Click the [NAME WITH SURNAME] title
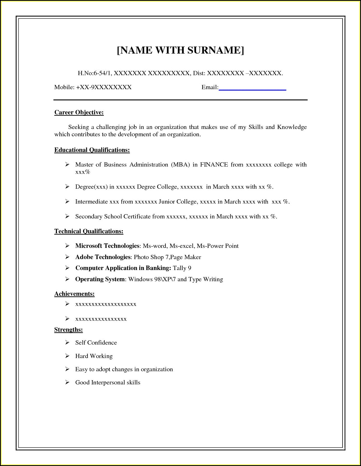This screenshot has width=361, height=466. (x=180, y=50)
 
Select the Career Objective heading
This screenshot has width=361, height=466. (x=79, y=112)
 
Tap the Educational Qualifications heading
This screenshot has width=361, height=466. (x=92, y=150)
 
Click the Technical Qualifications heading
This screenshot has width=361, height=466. (x=89, y=231)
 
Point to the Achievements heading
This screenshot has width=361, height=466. (x=74, y=294)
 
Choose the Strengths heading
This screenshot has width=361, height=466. (x=68, y=330)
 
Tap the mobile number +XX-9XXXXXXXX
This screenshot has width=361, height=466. (x=104, y=87)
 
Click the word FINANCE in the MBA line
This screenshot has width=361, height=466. (x=214, y=165)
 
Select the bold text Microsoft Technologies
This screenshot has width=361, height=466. (x=107, y=246)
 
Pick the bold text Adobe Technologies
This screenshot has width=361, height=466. (x=103, y=257)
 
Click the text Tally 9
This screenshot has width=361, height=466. (x=182, y=268)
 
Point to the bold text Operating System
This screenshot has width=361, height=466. (x=100, y=279)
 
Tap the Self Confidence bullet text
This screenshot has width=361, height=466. (x=96, y=343)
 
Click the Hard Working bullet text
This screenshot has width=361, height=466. (x=94, y=356)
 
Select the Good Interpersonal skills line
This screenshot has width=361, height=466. (x=108, y=382)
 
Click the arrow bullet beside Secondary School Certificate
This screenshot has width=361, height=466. (x=67, y=216)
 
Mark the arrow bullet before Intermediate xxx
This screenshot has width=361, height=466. (x=67, y=201)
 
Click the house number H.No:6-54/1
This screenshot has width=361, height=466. (x=95, y=73)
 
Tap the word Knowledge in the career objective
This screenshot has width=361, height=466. (x=292, y=127)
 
